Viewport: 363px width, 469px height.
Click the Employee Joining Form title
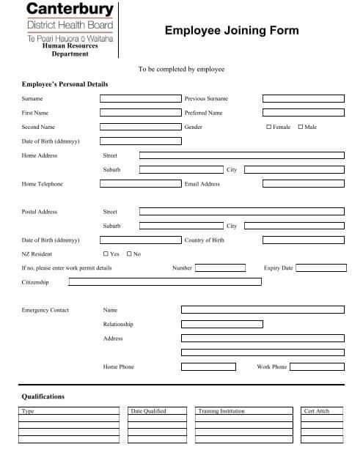232,30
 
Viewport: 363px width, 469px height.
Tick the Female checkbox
268,127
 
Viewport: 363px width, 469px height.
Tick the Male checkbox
301,127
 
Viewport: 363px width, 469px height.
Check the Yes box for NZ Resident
106,254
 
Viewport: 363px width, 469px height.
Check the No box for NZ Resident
129,254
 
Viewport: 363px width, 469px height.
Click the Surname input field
140,98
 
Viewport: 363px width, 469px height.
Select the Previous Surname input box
303,98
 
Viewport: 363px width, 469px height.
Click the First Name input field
140,113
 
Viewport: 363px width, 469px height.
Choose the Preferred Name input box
303,113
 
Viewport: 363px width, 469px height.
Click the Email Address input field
303,184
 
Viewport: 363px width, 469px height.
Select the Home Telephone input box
140,184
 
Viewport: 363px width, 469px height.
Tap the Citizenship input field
161,281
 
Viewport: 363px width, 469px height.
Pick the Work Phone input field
316,366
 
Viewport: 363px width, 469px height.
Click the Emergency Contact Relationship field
262,324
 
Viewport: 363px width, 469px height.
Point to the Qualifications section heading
43,396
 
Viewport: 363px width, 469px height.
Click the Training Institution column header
218,411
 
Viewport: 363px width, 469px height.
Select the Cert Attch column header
316,411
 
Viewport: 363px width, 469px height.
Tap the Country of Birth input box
303,240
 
